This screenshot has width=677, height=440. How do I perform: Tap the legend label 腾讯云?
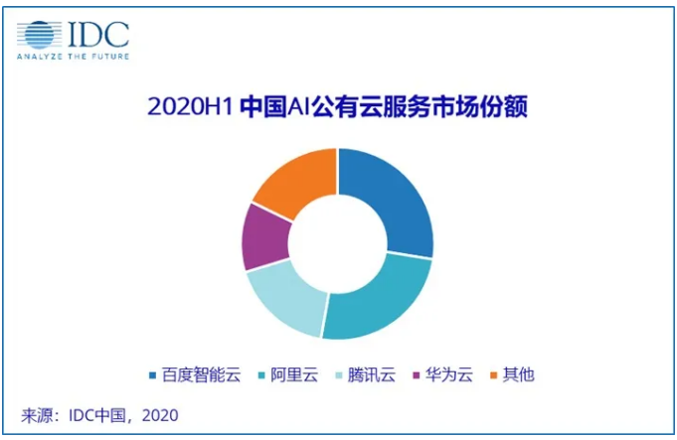[x=374, y=375]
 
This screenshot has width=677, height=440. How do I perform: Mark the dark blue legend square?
[x=151, y=375]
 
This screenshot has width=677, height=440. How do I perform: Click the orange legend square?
[x=493, y=375]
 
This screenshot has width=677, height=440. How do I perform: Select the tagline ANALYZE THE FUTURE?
[x=72, y=58]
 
